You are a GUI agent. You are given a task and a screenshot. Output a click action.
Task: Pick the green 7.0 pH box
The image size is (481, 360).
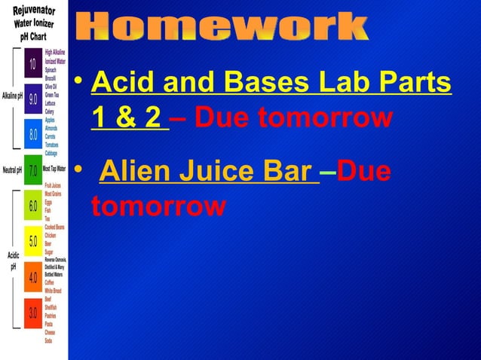tap(33, 169)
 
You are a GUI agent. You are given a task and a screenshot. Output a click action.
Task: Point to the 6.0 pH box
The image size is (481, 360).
tap(33, 206)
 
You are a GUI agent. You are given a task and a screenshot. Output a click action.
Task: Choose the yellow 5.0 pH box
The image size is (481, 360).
tap(33, 241)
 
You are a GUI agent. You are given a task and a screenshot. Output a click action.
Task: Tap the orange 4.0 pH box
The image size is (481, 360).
tap(33, 277)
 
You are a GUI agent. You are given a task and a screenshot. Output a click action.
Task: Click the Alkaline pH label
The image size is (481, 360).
tap(12, 96)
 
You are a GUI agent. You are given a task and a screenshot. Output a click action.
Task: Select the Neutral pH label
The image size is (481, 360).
tap(12, 169)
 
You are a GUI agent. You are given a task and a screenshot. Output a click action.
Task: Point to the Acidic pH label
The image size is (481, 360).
tap(13, 261)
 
